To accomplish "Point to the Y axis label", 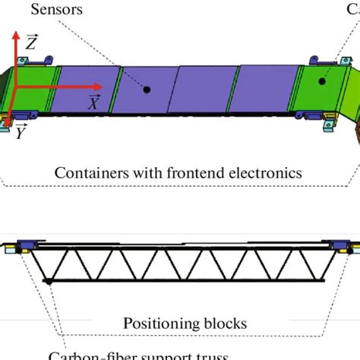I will pyautogui.click(x=21, y=133).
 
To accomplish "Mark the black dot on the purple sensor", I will pyautogui.click(x=147, y=90).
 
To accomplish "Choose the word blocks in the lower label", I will pyautogui.click(x=226, y=323).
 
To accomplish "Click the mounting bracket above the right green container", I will pyautogui.click(x=322, y=59).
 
